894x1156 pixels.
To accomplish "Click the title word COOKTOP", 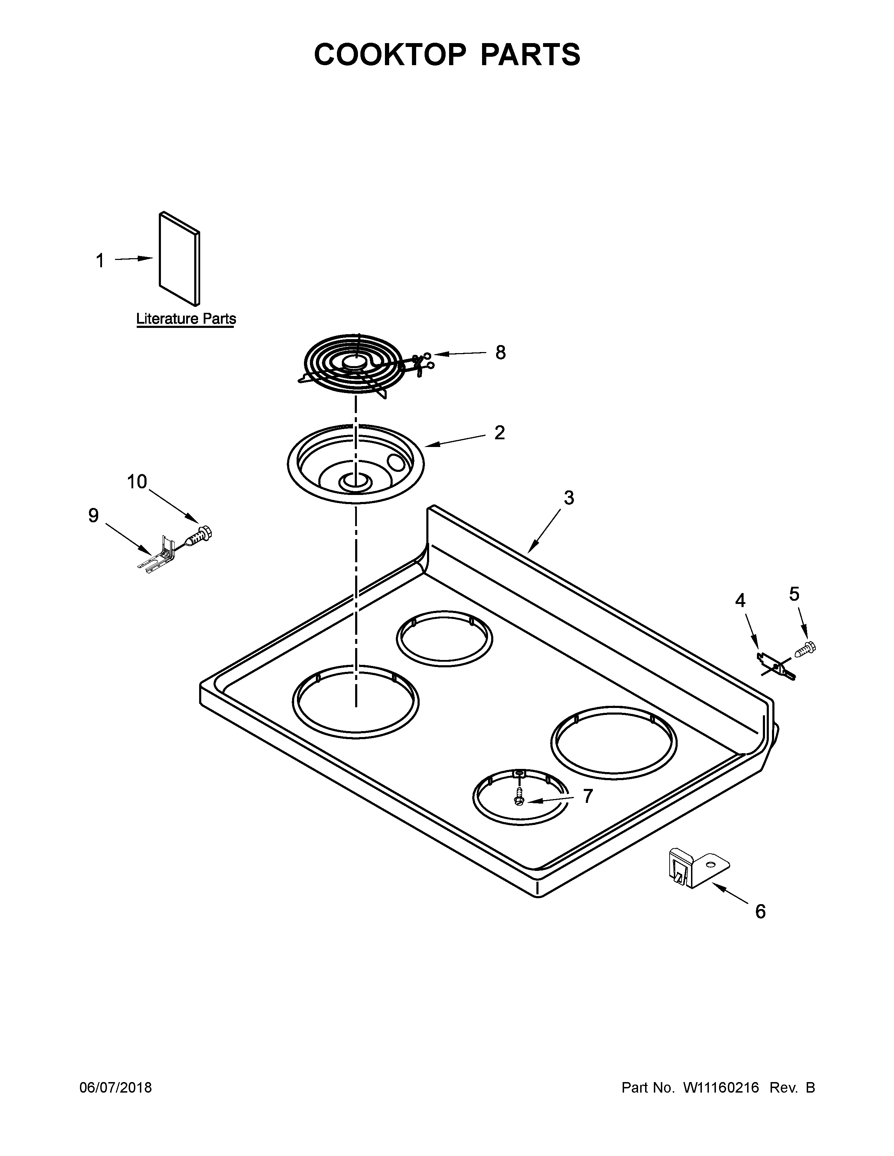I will tap(390, 55).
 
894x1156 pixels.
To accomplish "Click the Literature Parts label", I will tap(186, 319).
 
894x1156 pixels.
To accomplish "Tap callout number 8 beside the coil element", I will tap(500, 352).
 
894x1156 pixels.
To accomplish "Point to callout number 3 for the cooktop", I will tap(568, 498).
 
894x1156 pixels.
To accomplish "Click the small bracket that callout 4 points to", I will tap(775, 667).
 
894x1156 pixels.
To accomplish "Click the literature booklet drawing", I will tap(179, 259).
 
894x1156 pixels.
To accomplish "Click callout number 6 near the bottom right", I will tap(760, 911).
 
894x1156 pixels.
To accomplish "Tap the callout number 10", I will tap(137, 482).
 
